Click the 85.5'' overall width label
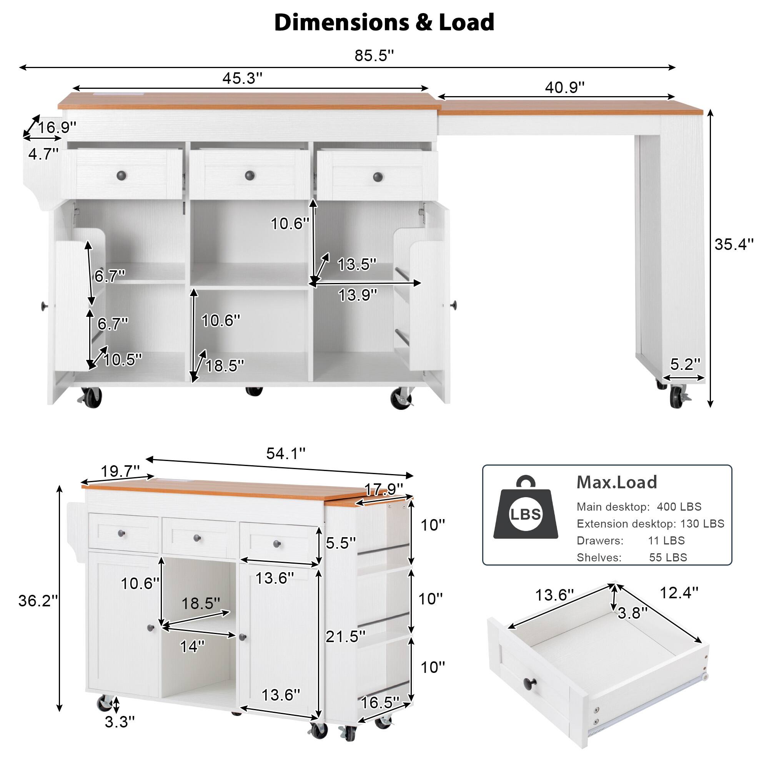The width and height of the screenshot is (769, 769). (374, 56)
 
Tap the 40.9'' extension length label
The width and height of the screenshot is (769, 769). (564, 87)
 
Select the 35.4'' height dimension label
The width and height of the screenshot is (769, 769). (734, 244)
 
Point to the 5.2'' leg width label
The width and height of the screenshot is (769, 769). (685, 364)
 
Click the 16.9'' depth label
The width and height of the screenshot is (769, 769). (57, 127)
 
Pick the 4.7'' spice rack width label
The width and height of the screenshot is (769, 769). (43, 153)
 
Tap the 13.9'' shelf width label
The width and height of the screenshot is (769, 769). (358, 295)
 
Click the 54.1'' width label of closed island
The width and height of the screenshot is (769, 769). (285, 453)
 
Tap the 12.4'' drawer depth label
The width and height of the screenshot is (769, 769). (679, 593)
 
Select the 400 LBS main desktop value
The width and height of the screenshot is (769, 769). (679, 507)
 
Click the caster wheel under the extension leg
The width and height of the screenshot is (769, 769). (676, 396)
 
